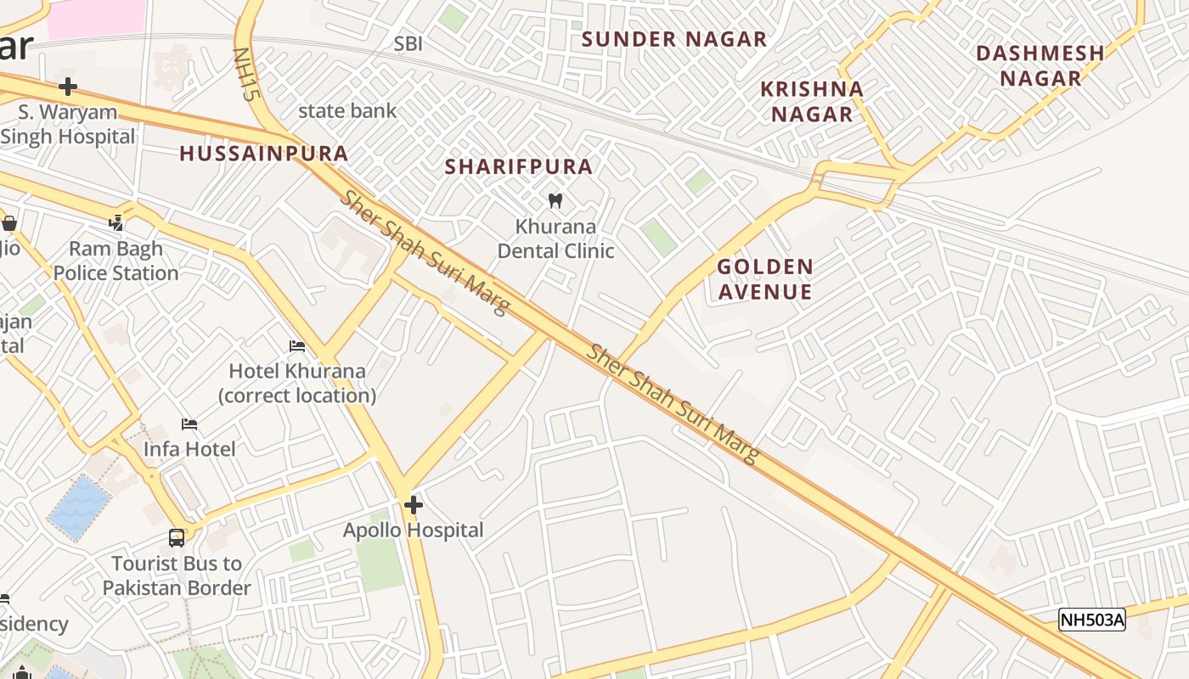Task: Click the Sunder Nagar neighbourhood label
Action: click(674, 39)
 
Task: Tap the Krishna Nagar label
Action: click(811, 101)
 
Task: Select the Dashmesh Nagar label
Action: click(1040, 65)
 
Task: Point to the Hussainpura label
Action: click(264, 154)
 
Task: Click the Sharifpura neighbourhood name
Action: click(519, 166)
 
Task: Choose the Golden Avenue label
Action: click(764, 279)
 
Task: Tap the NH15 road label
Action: click(245, 75)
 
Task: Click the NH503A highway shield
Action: click(1091, 620)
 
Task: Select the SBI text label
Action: click(408, 43)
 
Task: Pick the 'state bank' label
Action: click(347, 110)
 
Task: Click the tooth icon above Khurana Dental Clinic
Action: click(555, 201)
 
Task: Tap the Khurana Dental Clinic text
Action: click(555, 238)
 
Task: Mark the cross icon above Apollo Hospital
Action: click(414, 505)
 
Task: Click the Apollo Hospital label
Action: click(413, 530)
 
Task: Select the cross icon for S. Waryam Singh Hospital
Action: click(68, 87)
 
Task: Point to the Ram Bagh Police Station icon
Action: click(116, 223)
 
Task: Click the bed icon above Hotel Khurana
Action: click(297, 346)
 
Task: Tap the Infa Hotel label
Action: click(189, 449)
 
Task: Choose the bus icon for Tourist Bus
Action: click(177, 538)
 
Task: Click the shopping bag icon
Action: click(9, 223)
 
